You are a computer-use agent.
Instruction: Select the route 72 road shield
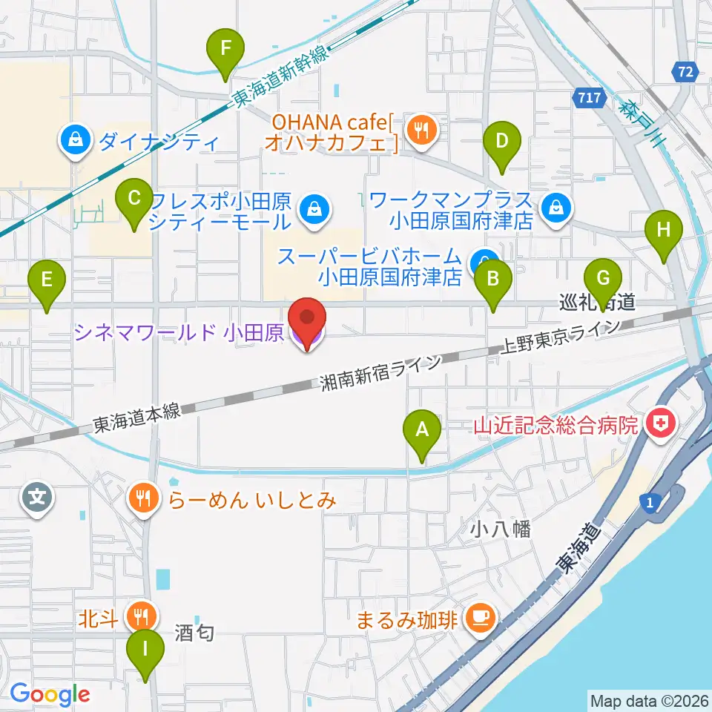coord(686,72)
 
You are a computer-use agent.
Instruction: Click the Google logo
coord(50,694)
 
